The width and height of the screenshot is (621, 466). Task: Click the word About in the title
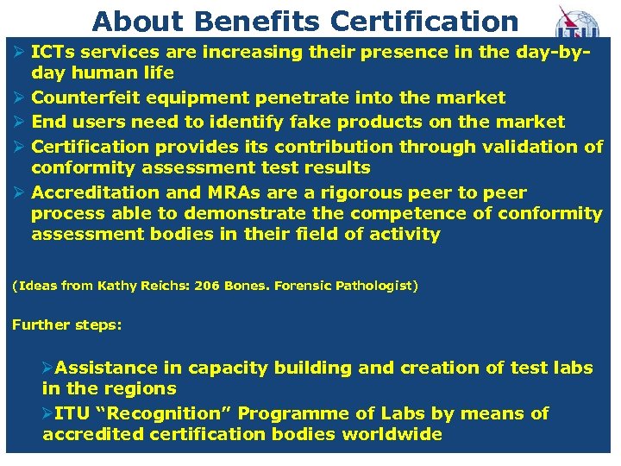pos(129,21)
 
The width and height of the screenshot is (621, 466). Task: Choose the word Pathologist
pos(377,285)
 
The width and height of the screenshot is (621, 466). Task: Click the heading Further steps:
pos(66,325)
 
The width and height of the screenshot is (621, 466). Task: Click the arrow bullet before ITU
pos(47,413)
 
